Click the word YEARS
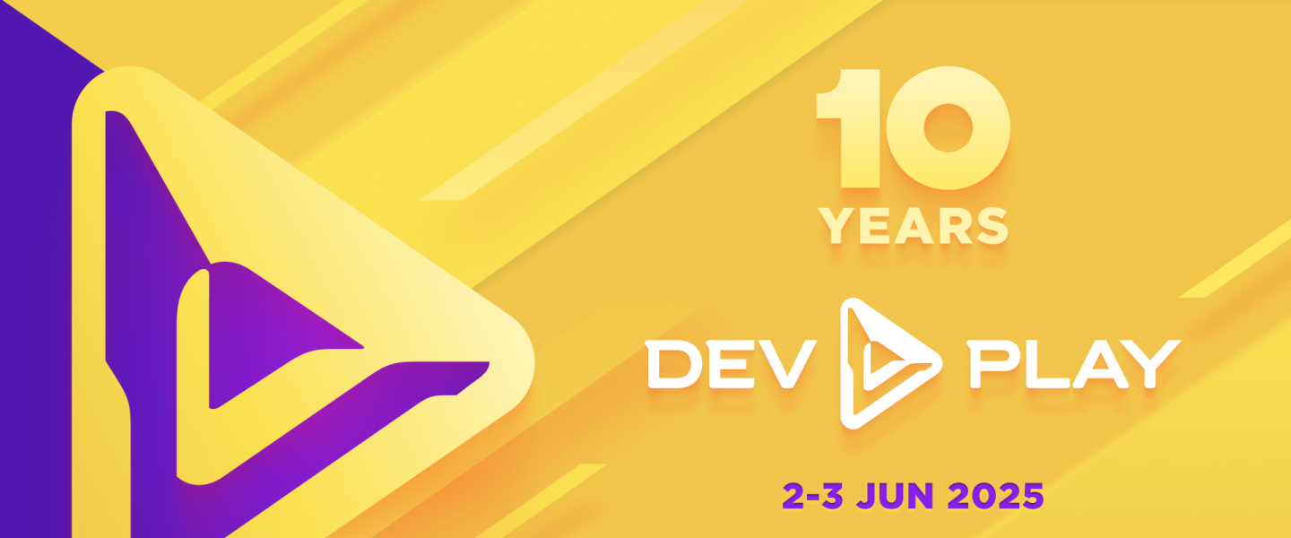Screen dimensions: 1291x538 click(x=914, y=226)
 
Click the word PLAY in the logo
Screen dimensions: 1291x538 click(x=1074, y=363)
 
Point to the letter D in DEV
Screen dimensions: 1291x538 click(x=672, y=363)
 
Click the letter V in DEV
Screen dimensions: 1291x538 click(x=789, y=363)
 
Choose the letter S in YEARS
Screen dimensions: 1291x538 click(x=992, y=226)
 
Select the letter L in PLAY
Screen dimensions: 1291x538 click(x=1047, y=363)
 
